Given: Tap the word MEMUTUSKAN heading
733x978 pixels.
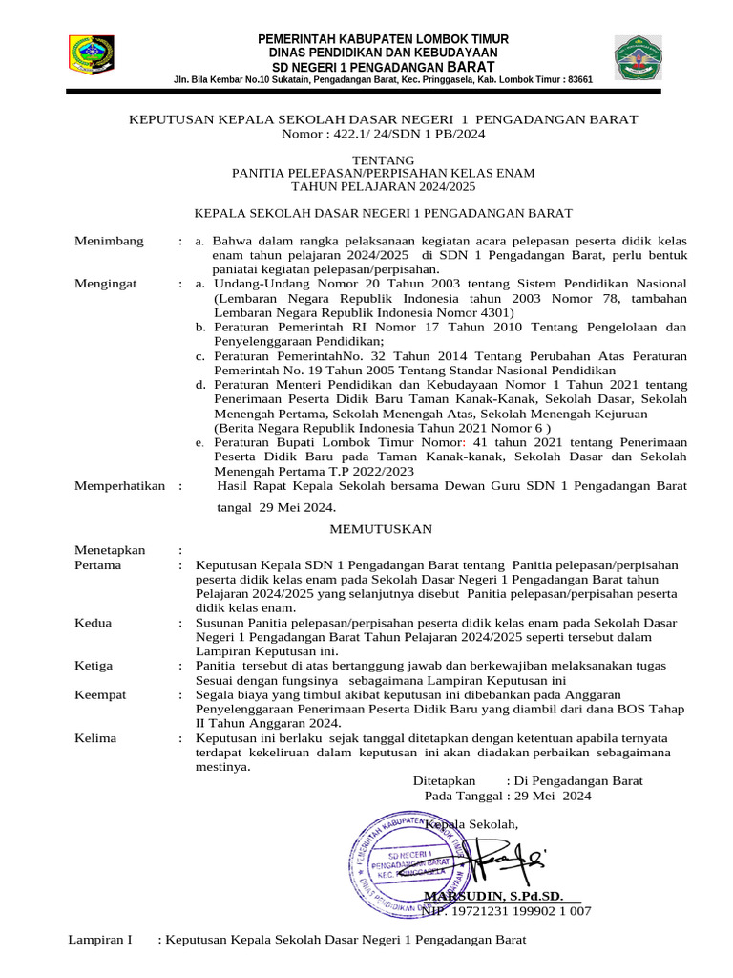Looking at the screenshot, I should click(x=381, y=529).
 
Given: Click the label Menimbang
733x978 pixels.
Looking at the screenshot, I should click(x=109, y=241).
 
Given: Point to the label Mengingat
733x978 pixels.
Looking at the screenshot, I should click(x=105, y=284).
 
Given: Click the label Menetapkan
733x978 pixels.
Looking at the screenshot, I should click(x=110, y=550).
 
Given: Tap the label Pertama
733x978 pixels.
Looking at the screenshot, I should click(x=97, y=564).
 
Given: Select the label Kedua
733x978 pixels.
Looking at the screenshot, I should click(x=93, y=623).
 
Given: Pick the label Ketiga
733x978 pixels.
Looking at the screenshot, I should click(x=94, y=666).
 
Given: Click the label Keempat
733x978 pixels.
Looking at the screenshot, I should click(x=99, y=695).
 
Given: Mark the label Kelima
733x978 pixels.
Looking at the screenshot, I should click(x=95, y=738).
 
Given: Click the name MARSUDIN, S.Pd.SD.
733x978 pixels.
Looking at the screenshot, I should click(x=493, y=896).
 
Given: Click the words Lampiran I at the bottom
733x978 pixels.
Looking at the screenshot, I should click(x=99, y=940).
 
